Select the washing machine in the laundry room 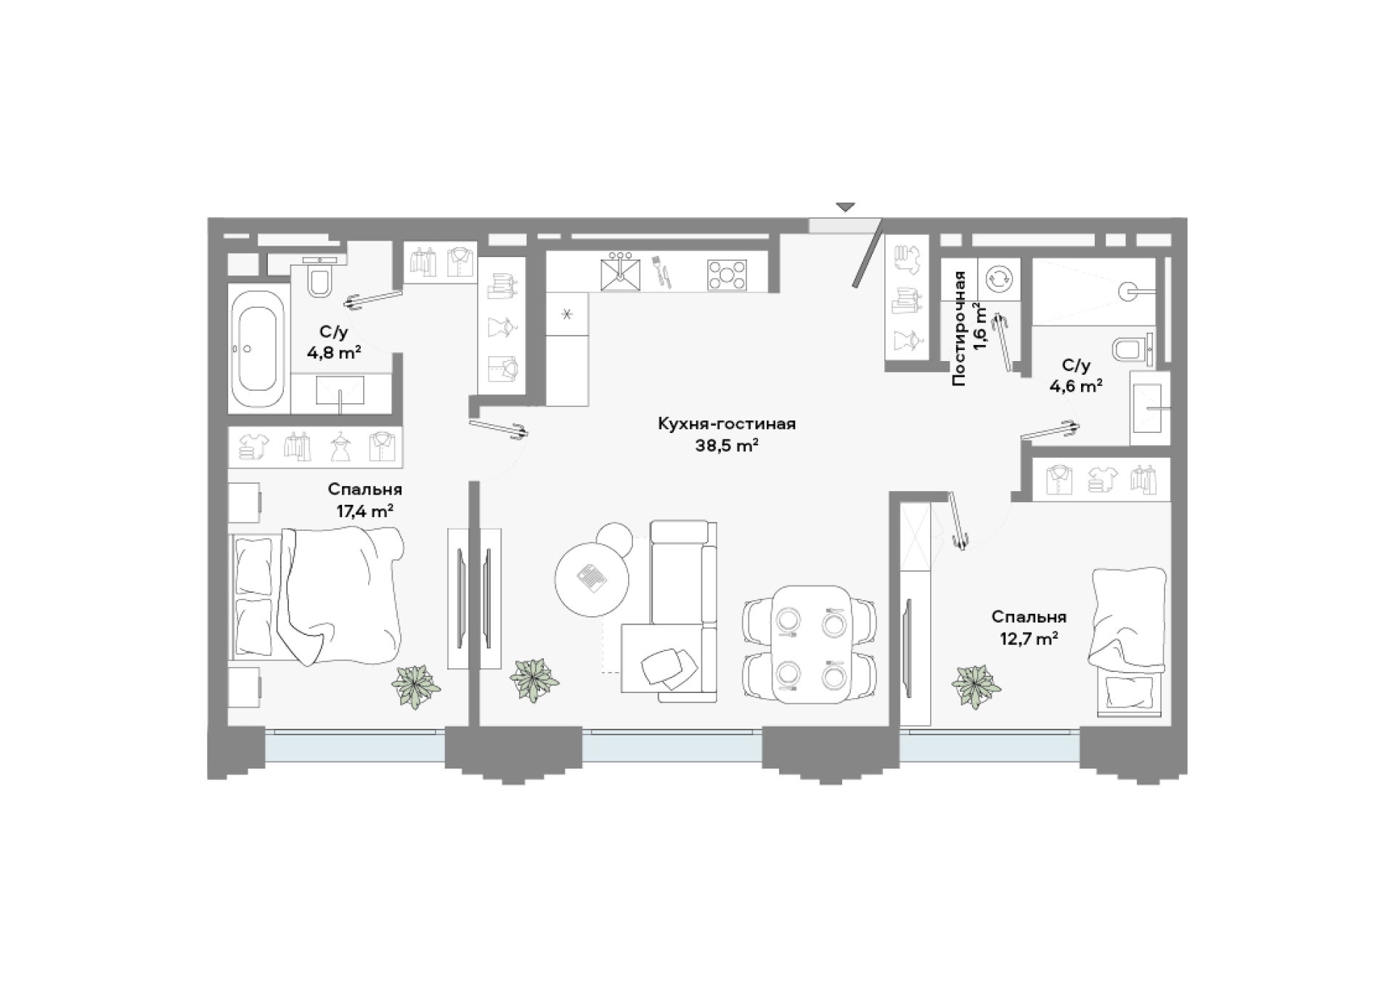[998, 278]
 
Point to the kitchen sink [621, 272]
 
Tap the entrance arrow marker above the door [845, 207]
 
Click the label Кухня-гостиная [727, 424]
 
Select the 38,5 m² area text [727, 446]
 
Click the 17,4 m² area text [364, 511]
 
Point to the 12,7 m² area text [1029, 639]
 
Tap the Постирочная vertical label [959, 328]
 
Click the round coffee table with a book [592, 579]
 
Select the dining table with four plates [810, 644]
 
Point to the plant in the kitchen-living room [534, 680]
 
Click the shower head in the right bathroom [1128, 291]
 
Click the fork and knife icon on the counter [661, 270]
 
